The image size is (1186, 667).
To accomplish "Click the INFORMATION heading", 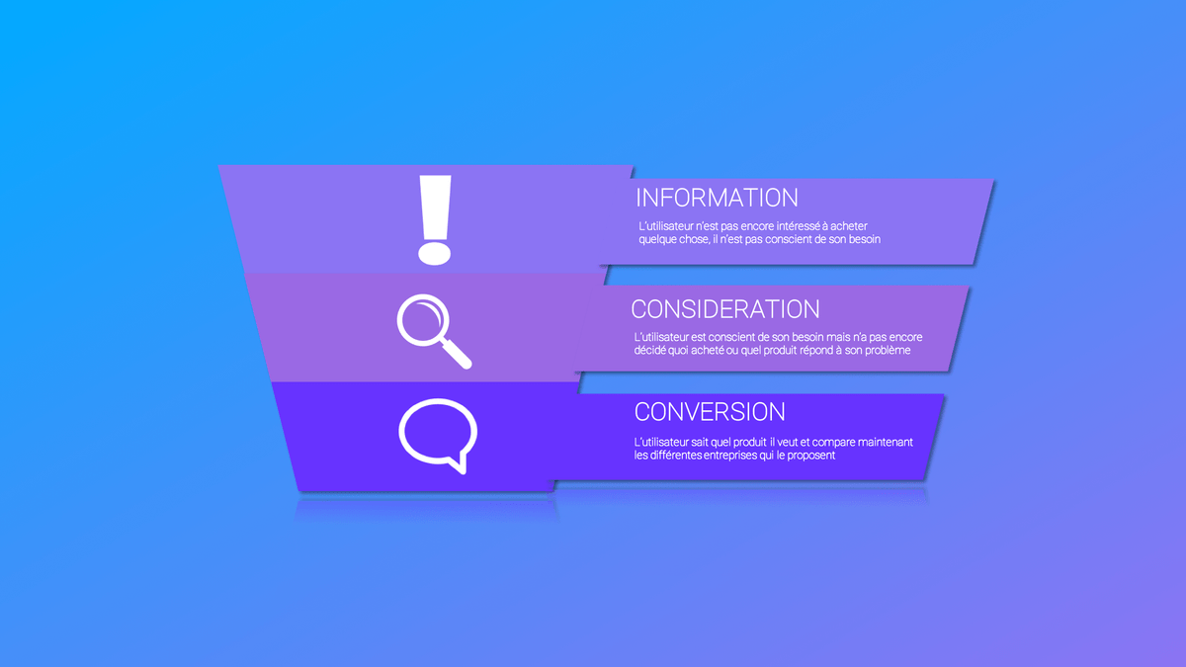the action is pos(717,198).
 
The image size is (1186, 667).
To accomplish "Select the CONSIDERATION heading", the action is pos(725,309).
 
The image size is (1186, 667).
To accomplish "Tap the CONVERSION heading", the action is pos(710,412).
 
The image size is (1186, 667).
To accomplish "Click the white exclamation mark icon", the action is pos(435,219).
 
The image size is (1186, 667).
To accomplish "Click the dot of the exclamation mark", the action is pos(435,254).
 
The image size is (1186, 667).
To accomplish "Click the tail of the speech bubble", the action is pos(459,463).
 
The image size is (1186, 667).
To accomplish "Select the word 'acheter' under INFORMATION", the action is pos(849,226).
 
